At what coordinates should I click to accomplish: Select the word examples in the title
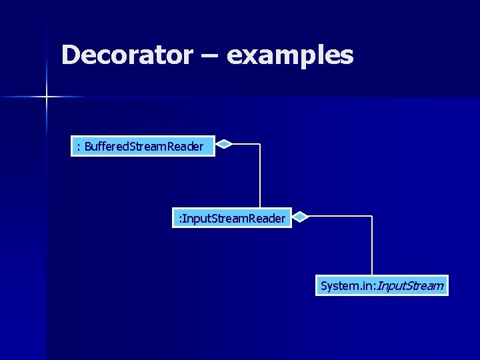[x=290, y=56]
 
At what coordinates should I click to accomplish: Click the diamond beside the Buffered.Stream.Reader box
[x=225, y=143]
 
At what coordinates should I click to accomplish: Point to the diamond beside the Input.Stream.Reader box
[x=301, y=216]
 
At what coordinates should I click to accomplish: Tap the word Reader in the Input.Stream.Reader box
[x=268, y=218]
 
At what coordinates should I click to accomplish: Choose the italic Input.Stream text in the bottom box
[x=411, y=286]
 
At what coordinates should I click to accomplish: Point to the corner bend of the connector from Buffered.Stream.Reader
[x=259, y=143]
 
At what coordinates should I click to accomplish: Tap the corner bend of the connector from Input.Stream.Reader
[x=371, y=216]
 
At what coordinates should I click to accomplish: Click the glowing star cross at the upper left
[x=47, y=97]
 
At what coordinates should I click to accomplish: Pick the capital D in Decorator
[x=70, y=55]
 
